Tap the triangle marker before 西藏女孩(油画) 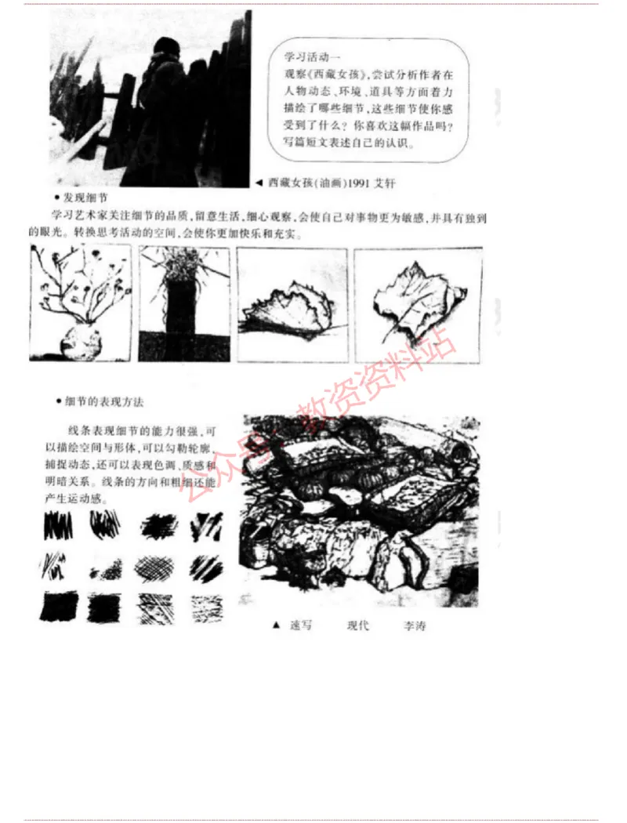click(258, 183)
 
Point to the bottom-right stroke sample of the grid click(205, 607)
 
